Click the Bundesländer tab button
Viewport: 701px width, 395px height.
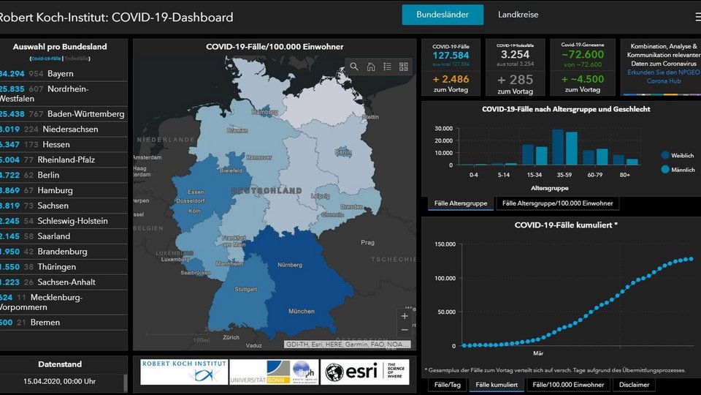click(442, 15)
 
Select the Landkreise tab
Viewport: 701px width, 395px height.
click(518, 15)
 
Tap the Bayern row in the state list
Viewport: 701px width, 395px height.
click(61, 74)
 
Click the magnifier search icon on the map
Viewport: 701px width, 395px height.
click(354, 67)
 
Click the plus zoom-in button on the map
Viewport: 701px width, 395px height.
click(405, 316)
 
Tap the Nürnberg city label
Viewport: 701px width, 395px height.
click(290, 266)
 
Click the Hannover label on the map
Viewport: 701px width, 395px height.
click(258, 158)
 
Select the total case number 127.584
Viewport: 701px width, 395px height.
click(451, 56)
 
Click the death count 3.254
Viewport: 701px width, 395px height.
click(516, 55)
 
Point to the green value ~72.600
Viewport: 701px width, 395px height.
click(582, 55)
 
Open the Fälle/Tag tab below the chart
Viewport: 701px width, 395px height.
click(448, 385)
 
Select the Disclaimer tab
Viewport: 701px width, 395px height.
click(635, 385)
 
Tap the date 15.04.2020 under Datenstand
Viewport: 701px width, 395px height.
click(61, 382)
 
